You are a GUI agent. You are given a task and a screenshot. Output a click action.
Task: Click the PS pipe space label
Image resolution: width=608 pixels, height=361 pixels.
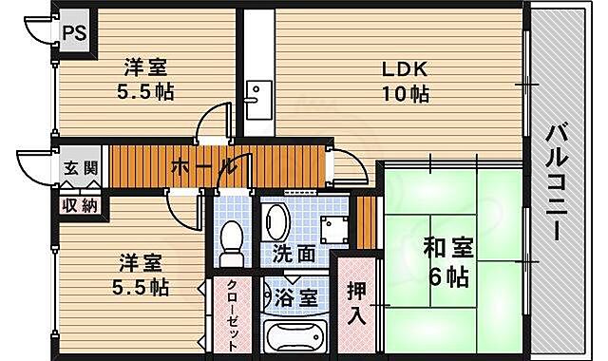tap(74, 33)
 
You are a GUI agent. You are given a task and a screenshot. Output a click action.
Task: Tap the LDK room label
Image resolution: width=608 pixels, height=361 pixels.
tap(405, 69)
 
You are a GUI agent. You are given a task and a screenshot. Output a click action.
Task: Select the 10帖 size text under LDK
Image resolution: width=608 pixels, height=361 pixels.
tap(406, 93)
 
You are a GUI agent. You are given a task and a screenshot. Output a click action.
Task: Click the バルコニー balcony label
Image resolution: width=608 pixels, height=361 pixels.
tap(557, 182)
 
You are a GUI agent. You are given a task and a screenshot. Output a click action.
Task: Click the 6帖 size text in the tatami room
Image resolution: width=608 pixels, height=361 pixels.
tap(449, 276)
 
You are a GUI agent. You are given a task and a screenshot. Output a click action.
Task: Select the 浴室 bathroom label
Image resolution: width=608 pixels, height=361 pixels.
tap(296, 297)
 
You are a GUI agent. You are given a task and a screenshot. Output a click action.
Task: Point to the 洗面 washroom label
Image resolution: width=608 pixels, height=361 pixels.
tap(294, 254)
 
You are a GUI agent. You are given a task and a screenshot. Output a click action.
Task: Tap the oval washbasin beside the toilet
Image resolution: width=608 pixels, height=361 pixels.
tap(275, 222)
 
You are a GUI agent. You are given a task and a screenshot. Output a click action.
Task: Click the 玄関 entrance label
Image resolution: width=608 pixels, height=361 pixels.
tap(81, 169)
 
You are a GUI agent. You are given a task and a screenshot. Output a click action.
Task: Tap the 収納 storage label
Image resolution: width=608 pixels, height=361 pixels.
tap(80, 206)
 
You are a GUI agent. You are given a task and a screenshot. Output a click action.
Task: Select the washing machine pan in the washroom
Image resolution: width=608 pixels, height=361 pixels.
tap(333, 230)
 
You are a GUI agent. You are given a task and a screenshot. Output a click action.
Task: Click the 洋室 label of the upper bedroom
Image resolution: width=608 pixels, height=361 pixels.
tap(145, 67)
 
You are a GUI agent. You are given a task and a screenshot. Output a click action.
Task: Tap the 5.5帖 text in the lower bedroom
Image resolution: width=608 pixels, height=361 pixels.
tap(141, 288)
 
